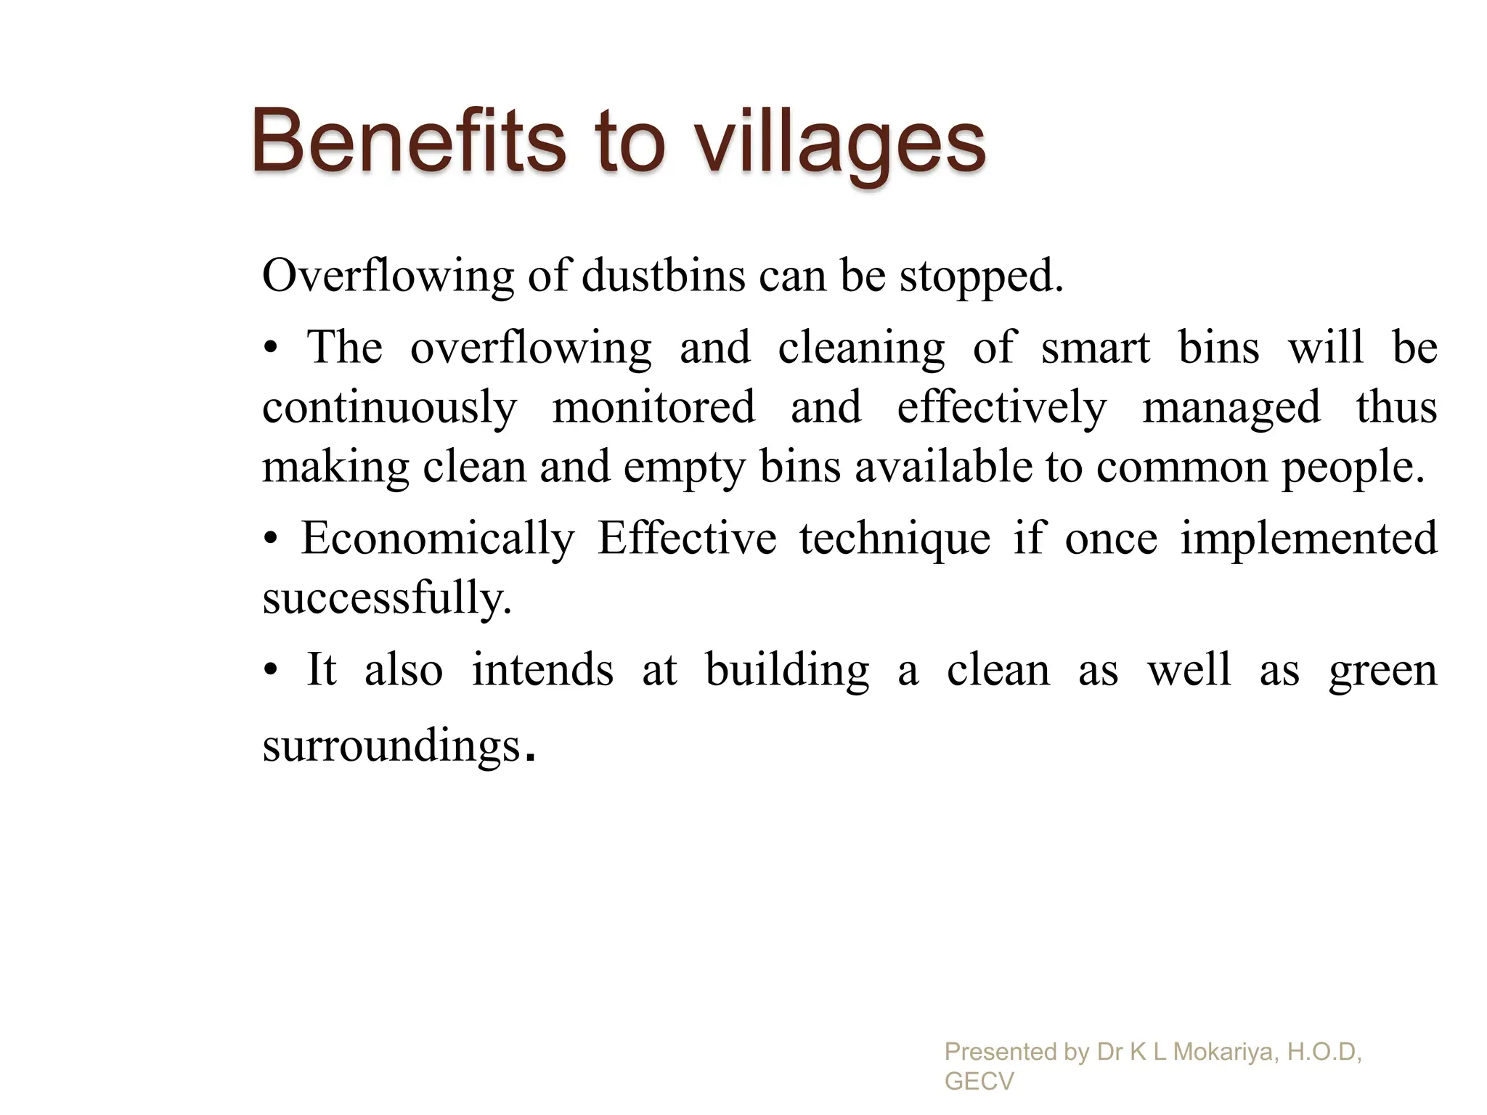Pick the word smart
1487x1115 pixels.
[1096, 348]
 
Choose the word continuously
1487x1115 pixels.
[390, 408]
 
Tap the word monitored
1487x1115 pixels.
[653, 407]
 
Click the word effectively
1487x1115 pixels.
[1002, 408]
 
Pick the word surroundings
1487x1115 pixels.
[392, 746]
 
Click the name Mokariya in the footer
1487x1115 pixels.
[1225, 1051]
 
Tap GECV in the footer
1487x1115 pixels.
[979, 1082]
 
